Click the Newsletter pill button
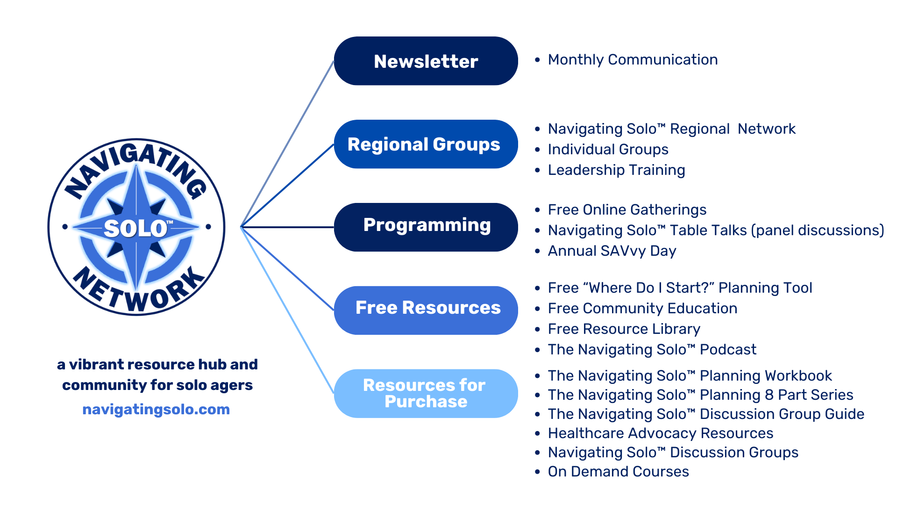tap(426, 61)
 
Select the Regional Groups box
tap(426, 144)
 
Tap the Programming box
tap(426, 227)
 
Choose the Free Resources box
tap(426, 310)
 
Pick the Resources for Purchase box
tap(426, 393)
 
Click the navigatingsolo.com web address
tap(156, 410)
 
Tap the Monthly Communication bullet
tap(633, 60)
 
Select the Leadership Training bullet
tap(616, 170)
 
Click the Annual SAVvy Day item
tap(612, 251)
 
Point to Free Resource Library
tap(624, 329)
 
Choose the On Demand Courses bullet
tap(618, 472)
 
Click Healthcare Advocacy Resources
tap(660, 433)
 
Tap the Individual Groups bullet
tap(608, 150)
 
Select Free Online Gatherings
tap(627, 210)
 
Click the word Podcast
tap(728, 350)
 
